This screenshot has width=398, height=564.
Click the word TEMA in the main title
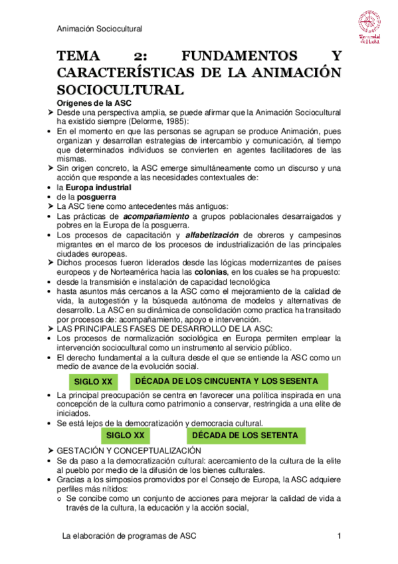(x=80, y=57)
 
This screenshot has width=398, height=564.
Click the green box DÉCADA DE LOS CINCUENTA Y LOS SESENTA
(x=223, y=380)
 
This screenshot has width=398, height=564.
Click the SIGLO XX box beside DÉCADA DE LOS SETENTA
(x=126, y=435)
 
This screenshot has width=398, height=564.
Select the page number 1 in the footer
(x=339, y=536)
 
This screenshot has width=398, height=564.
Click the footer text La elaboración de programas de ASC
(x=128, y=536)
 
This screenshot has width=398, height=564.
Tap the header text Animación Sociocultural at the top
(x=100, y=29)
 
